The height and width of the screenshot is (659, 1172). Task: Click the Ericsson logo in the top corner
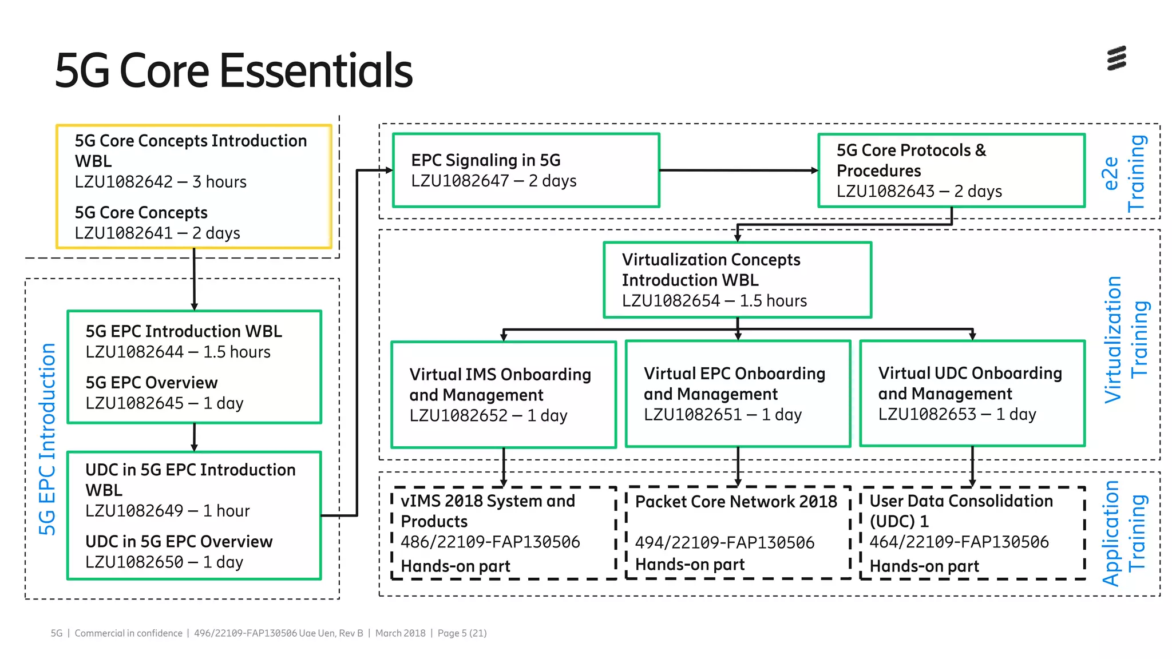point(1116,58)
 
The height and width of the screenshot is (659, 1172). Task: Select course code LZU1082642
point(124,182)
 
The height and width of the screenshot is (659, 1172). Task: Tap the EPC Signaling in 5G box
point(526,170)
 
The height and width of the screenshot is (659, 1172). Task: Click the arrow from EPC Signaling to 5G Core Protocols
point(738,170)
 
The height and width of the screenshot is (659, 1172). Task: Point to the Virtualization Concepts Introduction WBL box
point(737,280)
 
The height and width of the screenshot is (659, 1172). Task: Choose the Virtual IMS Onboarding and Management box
point(503,395)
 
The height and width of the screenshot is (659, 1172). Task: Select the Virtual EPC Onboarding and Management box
point(738,394)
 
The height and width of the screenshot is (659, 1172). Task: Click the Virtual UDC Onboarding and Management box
point(972,394)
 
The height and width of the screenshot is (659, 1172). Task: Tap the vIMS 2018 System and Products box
point(503,533)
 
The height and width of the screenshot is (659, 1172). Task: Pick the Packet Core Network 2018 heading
point(736,502)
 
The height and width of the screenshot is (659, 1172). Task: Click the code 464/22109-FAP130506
point(959,542)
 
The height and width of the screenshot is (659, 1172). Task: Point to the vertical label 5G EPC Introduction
point(47,439)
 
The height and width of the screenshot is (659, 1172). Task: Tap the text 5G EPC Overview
point(152,383)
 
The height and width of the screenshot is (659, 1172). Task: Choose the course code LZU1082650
point(134,562)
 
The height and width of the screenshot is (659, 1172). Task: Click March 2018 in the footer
point(400,633)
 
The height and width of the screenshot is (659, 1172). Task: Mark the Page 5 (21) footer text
point(462,633)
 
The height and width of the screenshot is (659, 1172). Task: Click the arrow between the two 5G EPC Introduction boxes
point(194,438)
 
